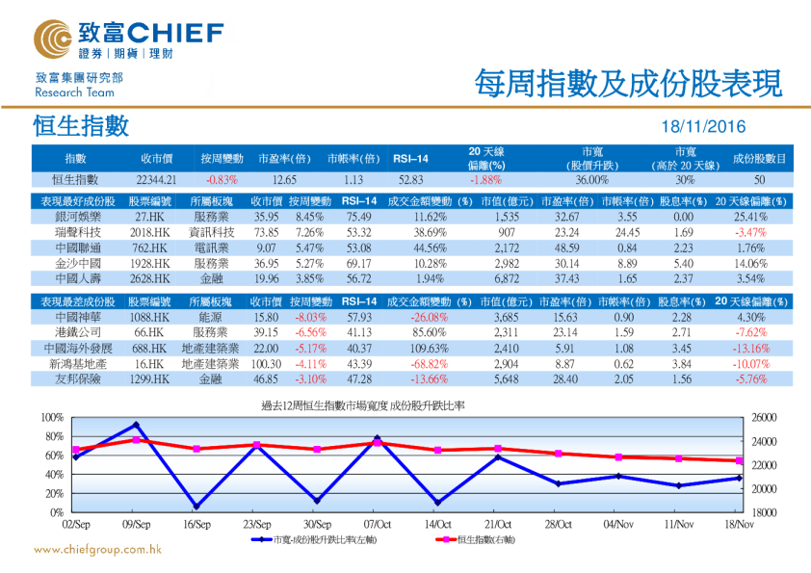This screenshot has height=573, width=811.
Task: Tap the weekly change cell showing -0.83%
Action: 222,179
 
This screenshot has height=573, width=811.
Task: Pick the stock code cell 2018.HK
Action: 149,232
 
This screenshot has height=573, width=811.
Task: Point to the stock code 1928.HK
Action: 149,263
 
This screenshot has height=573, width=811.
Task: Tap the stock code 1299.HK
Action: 149,379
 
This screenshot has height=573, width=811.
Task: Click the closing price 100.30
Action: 266,364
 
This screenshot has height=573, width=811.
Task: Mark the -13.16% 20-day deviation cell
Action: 751,348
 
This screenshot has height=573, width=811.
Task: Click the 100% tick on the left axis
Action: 51,418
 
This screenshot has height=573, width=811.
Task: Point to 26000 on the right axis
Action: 763,418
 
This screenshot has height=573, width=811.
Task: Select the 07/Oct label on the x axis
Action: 377,525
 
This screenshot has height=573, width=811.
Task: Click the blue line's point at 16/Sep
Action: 196,507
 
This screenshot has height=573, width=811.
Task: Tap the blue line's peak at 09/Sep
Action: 136,425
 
